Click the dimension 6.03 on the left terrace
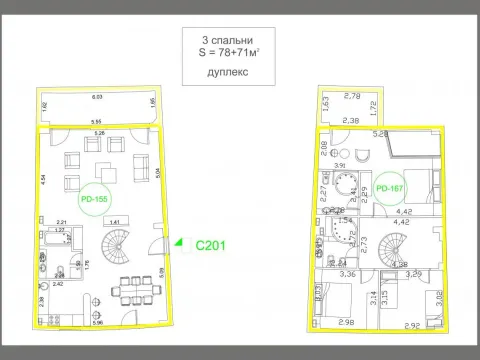(97, 97)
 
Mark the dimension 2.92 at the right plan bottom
(410, 323)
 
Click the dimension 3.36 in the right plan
(349, 273)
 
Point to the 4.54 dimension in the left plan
(43, 182)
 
